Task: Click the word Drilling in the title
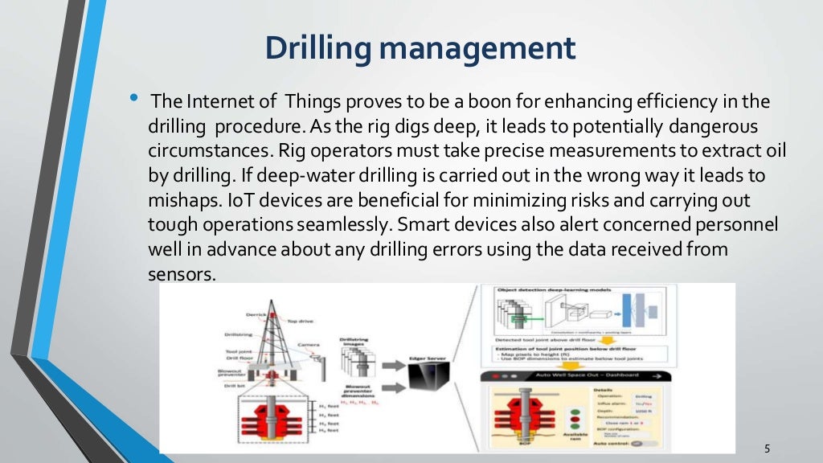pyautogui.click(x=317, y=48)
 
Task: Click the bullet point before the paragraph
pyautogui.click(x=133, y=99)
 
